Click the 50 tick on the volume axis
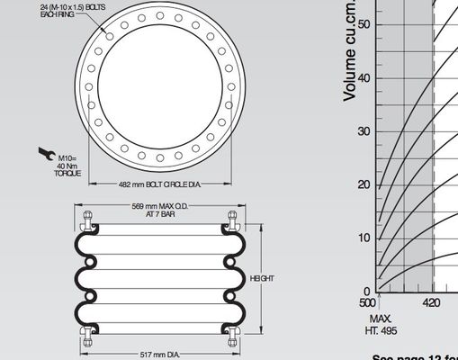click(x=366, y=24)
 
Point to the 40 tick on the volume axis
click(x=366, y=77)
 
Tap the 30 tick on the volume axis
click(x=366, y=131)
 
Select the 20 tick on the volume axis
click(x=366, y=184)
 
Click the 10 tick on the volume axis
click(x=366, y=238)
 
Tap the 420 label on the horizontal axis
click(x=432, y=302)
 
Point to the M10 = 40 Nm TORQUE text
click(x=67, y=165)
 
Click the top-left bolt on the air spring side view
click(x=87, y=219)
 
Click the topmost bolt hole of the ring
click(x=158, y=14)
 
